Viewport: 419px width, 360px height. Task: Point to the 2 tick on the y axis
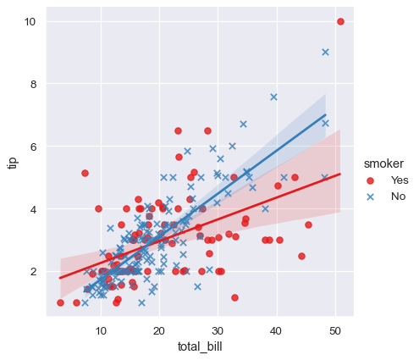click(x=33, y=271)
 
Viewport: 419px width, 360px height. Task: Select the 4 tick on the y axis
click(x=33, y=208)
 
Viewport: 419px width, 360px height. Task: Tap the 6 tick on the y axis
click(x=33, y=147)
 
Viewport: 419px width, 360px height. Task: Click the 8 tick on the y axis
click(x=33, y=84)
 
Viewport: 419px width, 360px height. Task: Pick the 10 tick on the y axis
click(x=30, y=21)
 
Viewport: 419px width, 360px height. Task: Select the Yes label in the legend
click(x=400, y=180)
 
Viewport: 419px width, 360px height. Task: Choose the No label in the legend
click(x=398, y=197)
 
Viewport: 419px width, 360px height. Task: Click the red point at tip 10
click(x=340, y=21)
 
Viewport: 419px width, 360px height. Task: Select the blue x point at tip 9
click(x=325, y=52)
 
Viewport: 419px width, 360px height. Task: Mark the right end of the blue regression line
click(x=325, y=114)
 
